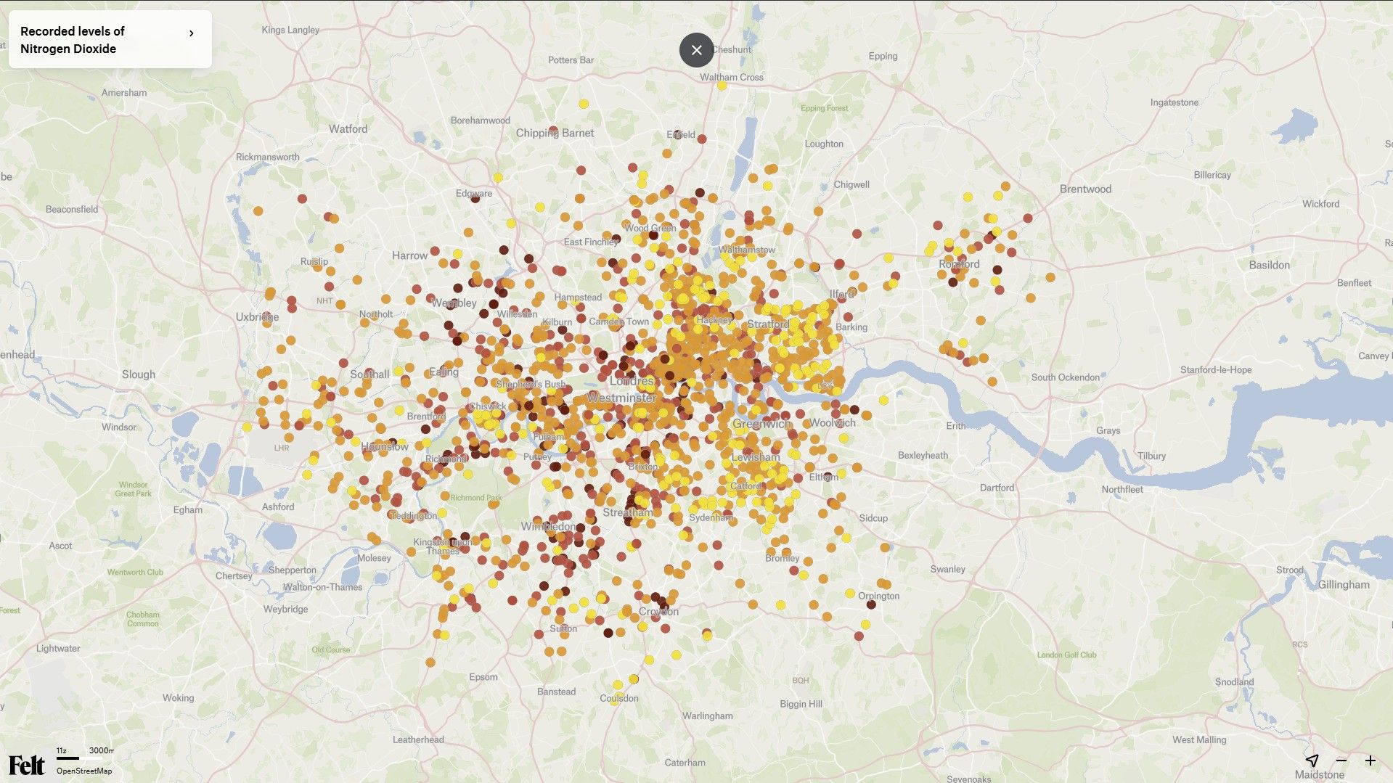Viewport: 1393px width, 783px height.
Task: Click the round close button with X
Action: click(x=696, y=50)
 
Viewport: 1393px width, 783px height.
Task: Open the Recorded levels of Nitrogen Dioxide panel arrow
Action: click(x=191, y=33)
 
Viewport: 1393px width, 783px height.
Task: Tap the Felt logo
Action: click(x=26, y=765)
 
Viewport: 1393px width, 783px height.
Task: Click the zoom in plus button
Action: click(x=1370, y=761)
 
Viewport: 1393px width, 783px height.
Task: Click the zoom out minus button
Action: click(x=1341, y=761)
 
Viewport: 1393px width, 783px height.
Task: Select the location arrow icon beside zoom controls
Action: click(x=1312, y=761)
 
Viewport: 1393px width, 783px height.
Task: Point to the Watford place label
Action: click(x=348, y=129)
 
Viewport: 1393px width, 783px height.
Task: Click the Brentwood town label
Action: click(x=1085, y=189)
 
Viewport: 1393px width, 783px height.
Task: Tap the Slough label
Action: click(x=138, y=374)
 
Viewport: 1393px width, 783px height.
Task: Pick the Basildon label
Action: click(x=1269, y=266)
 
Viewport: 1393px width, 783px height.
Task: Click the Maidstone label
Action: click(x=1319, y=774)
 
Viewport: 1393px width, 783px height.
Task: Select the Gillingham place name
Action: click(x=1343, y=585)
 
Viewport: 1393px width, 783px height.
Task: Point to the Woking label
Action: click(x=178, y=698)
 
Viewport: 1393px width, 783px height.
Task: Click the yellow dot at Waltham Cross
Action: click(x=722, y=86)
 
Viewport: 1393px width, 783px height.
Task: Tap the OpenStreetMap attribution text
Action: click(x=84, y=771)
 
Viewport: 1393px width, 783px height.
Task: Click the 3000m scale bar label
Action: click(x=101, y=750)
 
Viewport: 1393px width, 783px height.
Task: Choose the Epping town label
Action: click(x=883, y=57)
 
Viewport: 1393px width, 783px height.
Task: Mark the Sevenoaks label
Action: click(x=968, y=779)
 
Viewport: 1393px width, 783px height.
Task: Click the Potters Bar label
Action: click(x=571, y=60)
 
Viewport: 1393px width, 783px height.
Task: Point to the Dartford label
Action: click(x=997, y=488)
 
